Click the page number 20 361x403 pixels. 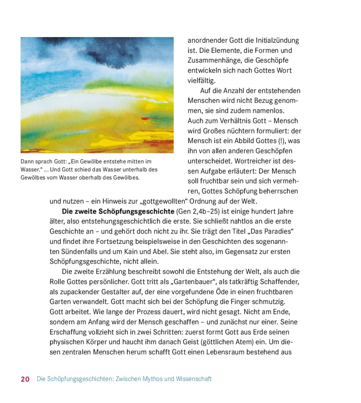point(25,379)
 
